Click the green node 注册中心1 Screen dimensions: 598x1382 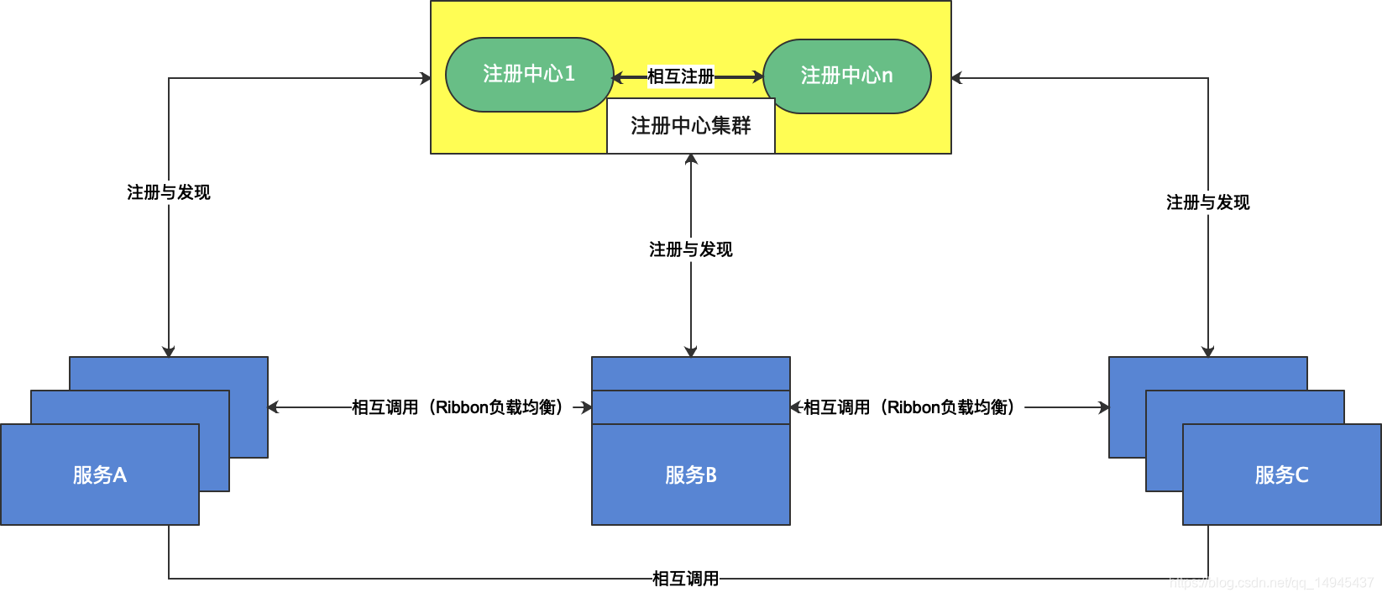529,75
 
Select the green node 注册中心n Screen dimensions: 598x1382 846,76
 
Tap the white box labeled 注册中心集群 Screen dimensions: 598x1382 690,126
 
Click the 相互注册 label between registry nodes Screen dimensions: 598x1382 681,76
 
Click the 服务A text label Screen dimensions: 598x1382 99,475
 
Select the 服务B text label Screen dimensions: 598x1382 690,475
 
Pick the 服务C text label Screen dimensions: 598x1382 1281,475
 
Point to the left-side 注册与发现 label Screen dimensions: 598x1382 168,192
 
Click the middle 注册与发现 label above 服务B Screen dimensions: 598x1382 690,249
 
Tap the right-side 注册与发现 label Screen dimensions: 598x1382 1207,202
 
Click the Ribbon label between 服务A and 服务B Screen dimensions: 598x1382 458,407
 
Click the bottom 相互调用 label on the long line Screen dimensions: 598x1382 685,579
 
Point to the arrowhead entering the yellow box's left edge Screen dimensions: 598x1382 426,78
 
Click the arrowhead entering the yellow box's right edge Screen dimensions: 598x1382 956,78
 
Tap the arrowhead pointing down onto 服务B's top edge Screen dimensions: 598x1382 691,352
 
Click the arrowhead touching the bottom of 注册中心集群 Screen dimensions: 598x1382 691,159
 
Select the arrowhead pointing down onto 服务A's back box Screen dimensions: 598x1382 169,352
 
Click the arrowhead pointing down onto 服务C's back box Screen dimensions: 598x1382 1208,352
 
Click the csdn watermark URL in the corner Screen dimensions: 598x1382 1271,583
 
